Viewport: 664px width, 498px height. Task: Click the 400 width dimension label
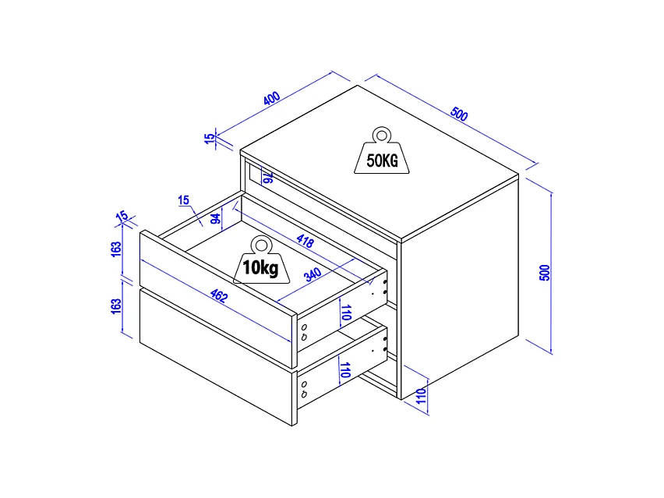click(271, 100)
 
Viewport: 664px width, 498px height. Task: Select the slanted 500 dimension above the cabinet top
click(459, 115)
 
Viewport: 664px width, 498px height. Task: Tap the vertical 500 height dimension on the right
click(545, 272)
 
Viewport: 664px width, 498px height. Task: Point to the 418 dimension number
click(306, 241)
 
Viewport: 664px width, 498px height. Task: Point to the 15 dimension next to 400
click(209, 139)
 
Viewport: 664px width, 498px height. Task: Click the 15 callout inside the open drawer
click(184, 200)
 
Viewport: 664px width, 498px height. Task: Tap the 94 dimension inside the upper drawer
click(215, 218)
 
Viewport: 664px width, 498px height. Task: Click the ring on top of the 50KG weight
click(382, 134)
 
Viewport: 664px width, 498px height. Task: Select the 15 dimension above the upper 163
click(122, 215)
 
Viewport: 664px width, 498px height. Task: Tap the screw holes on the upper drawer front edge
click(303, 332)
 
